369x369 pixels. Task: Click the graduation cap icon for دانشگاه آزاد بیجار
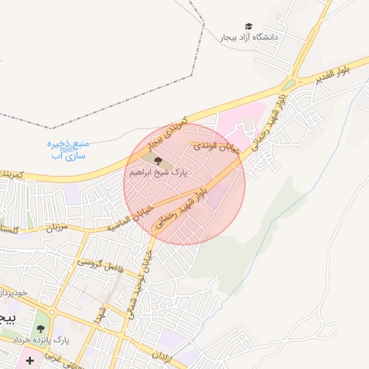pyautogui.click(x=249, y=27)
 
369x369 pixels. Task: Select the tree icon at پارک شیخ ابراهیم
pyautogui.click(x=158, y=161)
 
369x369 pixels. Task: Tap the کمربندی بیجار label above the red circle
pyautogui.click(x=167, y=133)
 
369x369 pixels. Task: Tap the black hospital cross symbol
pyautogui.click(x=30, y=360)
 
